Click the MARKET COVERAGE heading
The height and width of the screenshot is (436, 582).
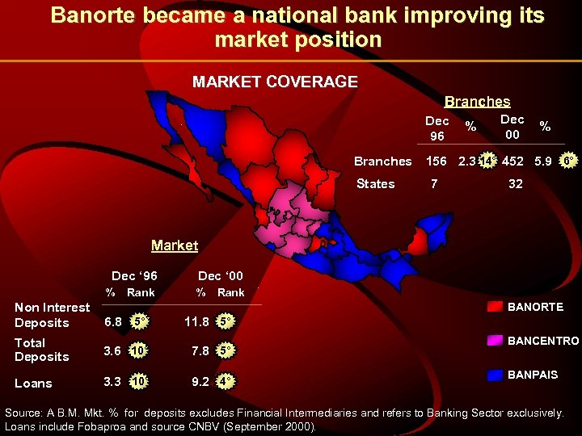tap(275, 81)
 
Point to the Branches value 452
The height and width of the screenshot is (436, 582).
tap(512, 161)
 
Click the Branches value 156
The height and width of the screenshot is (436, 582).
tap(436, 161)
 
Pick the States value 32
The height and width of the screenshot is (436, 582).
tap(516, 183)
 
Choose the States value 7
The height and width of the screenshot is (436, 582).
tap(434, 183)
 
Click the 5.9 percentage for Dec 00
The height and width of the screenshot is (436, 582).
tap(543, 161)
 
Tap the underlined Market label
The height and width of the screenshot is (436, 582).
tap(175, 245)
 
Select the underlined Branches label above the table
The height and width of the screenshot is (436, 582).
tap(478, 102)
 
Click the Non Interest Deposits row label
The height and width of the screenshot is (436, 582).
tap(52, 315)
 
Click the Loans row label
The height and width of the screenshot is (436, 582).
tap(33, 384)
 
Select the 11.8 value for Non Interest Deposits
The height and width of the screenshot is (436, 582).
tap(197, 321)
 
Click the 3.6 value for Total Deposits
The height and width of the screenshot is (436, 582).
tap(112, 350)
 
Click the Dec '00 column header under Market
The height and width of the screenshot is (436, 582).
tap(220, 276)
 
